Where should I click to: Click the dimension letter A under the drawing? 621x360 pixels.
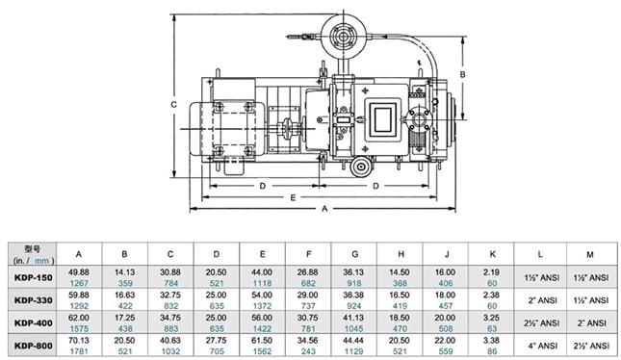tap(324, 208)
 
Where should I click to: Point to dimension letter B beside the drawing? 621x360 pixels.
tap(462, 74)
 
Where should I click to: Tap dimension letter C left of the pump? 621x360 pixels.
tap(173, 105)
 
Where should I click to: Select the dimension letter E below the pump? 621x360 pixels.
tap(293, 197)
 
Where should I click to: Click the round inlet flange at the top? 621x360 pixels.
tap(343, 37)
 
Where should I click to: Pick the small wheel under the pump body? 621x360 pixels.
tap(361, 167)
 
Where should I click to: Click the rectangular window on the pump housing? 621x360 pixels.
tap(383, 117)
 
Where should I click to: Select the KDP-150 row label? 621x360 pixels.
tap(34, 277)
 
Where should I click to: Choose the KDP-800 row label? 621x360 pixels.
tap(34, 346)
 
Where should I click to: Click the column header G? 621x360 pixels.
tap(354, 254)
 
